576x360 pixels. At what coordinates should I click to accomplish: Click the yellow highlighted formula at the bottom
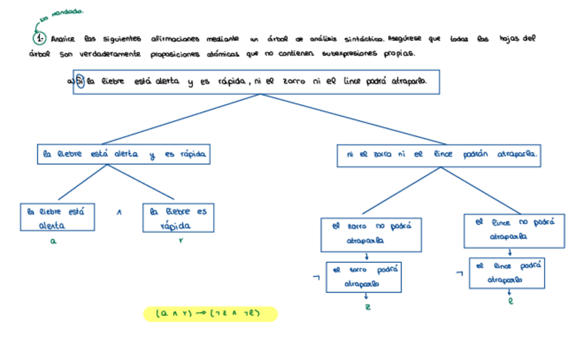point(211,314)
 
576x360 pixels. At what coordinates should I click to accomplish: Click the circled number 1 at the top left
point(40,39)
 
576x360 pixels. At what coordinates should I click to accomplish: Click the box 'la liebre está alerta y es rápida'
point(123,154)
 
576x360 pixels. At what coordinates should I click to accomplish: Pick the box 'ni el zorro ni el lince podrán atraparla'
point(439,155)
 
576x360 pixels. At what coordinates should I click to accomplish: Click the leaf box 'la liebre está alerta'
point(56,218)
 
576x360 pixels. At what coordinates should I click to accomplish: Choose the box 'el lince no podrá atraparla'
point(514,230)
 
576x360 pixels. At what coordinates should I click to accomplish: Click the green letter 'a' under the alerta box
point(53,241)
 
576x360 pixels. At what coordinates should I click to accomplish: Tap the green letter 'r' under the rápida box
point(181,241)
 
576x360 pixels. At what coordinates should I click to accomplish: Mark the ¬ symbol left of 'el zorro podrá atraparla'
point(315,277)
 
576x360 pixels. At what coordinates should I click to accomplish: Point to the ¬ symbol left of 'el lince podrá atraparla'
point(461,274)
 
